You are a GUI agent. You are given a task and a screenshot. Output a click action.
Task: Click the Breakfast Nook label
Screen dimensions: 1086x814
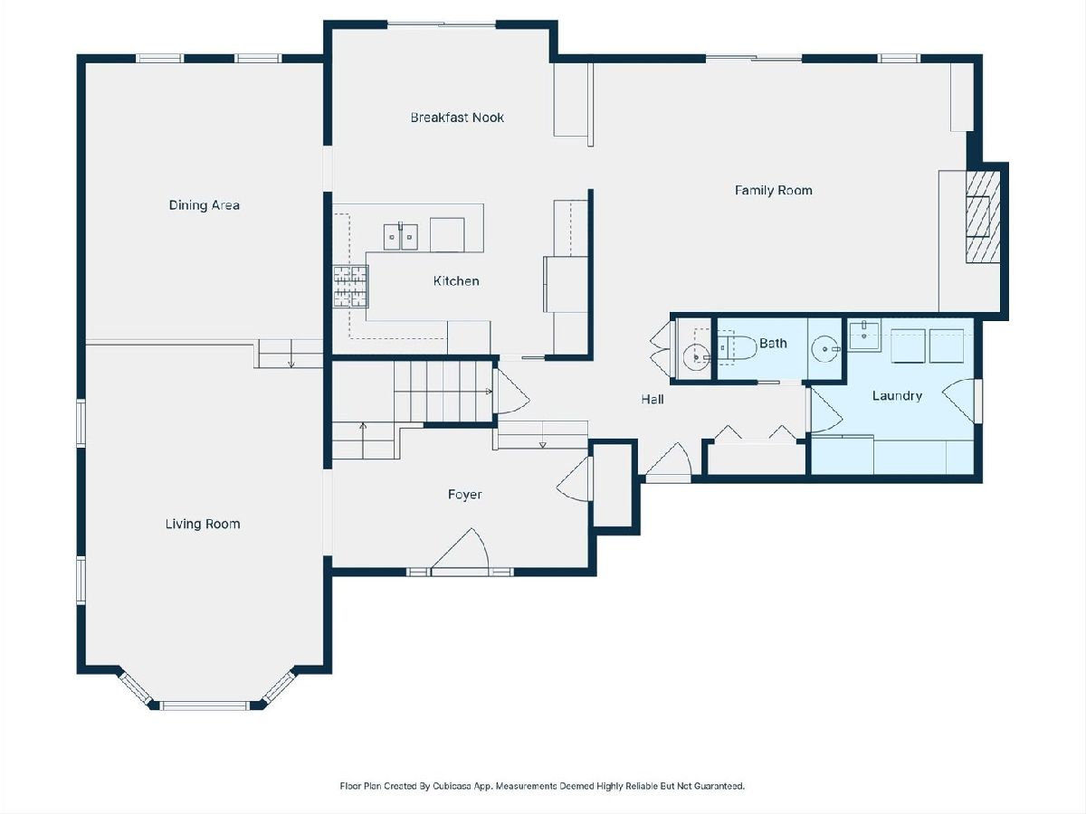point(457,118)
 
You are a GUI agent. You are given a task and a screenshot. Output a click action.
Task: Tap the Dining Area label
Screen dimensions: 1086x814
point(205,205)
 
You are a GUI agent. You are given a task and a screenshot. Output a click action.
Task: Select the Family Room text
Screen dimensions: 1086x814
point(773,190)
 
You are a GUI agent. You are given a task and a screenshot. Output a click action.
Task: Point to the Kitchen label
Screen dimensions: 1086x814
point(456,281)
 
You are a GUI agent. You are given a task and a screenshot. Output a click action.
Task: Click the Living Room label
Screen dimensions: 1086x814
point(203,524)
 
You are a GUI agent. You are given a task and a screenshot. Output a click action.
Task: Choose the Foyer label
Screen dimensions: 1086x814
point(464,495)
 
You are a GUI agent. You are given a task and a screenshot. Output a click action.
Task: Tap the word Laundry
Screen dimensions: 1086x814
point(897,396)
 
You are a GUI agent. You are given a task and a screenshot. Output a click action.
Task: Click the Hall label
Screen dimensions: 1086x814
point(653,400)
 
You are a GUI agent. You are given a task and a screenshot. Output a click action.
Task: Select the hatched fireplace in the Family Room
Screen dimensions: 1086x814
point(983,217)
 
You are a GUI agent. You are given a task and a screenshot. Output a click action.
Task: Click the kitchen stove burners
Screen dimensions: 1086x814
point(351,287)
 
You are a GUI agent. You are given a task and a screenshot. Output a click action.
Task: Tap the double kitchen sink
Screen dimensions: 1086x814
point(401,237)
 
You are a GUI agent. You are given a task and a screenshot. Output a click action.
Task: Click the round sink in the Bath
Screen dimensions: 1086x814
point(825,349)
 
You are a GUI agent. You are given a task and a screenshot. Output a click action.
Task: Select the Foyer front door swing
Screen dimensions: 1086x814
point(461,549)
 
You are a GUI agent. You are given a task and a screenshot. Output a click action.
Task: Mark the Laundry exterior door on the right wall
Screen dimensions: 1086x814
point(962,400)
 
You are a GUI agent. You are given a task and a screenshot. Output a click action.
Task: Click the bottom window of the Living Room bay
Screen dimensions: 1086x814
point(205,705)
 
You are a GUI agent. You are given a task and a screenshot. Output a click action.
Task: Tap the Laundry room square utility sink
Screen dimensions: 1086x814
point(864,336)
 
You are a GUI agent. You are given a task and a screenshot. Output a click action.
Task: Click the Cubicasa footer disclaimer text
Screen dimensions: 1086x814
point(542,786)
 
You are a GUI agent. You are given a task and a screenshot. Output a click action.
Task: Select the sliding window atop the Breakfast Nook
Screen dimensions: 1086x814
point(442,24)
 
